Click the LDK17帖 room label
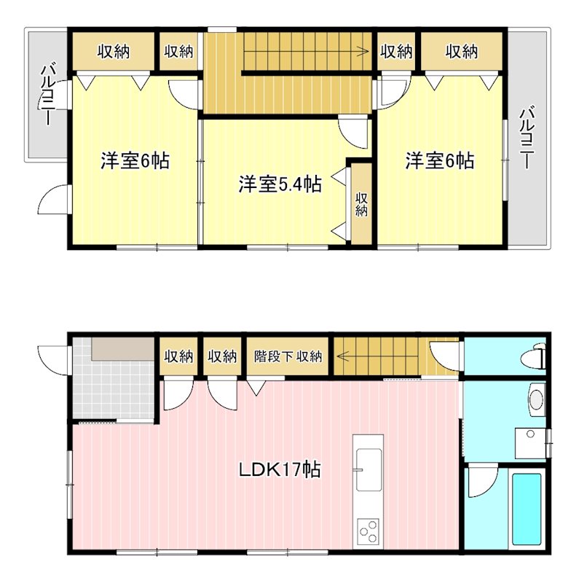point(280,469)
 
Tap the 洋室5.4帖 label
point(280,184)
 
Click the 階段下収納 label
point(288,356)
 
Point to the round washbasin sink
point(537,399)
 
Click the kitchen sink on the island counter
point(369,467)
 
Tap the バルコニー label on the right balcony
point(527,138)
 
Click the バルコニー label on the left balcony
point(47,95)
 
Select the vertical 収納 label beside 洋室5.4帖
point(361,204)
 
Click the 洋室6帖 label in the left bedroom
point(135,161)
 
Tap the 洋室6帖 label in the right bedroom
point(440,161)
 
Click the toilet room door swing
point(446,355)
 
